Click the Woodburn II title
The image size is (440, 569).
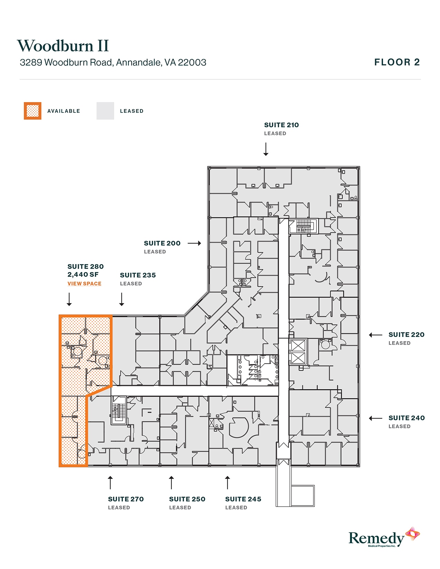click(x=63, y=46)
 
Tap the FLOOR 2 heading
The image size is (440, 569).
click(x=397, y=62)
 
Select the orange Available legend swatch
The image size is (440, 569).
click(x=32, y=111)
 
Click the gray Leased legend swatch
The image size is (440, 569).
click(x=105, y=111)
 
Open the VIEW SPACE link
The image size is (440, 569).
click(x=84, y=284)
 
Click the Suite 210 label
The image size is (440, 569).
click(x=281, y=125)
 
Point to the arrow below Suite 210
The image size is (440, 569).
click(x=266, y=149)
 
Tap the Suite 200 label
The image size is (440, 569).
click(x=162, y=243)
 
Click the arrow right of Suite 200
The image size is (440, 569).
click(x=194, y=243)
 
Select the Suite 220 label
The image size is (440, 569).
click(x=406, y=335)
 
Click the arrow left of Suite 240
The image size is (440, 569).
click(x=375, y=418)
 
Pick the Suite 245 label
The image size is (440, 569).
click(x=243, y=499)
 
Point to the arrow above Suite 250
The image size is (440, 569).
click(x=171, y=482)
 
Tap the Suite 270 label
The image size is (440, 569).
click(x=126, y=499)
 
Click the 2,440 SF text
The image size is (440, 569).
click(x=83, y=275)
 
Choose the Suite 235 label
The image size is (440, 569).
click(x=138, y=275)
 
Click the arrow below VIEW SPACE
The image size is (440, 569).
click(x=69, y=299)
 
